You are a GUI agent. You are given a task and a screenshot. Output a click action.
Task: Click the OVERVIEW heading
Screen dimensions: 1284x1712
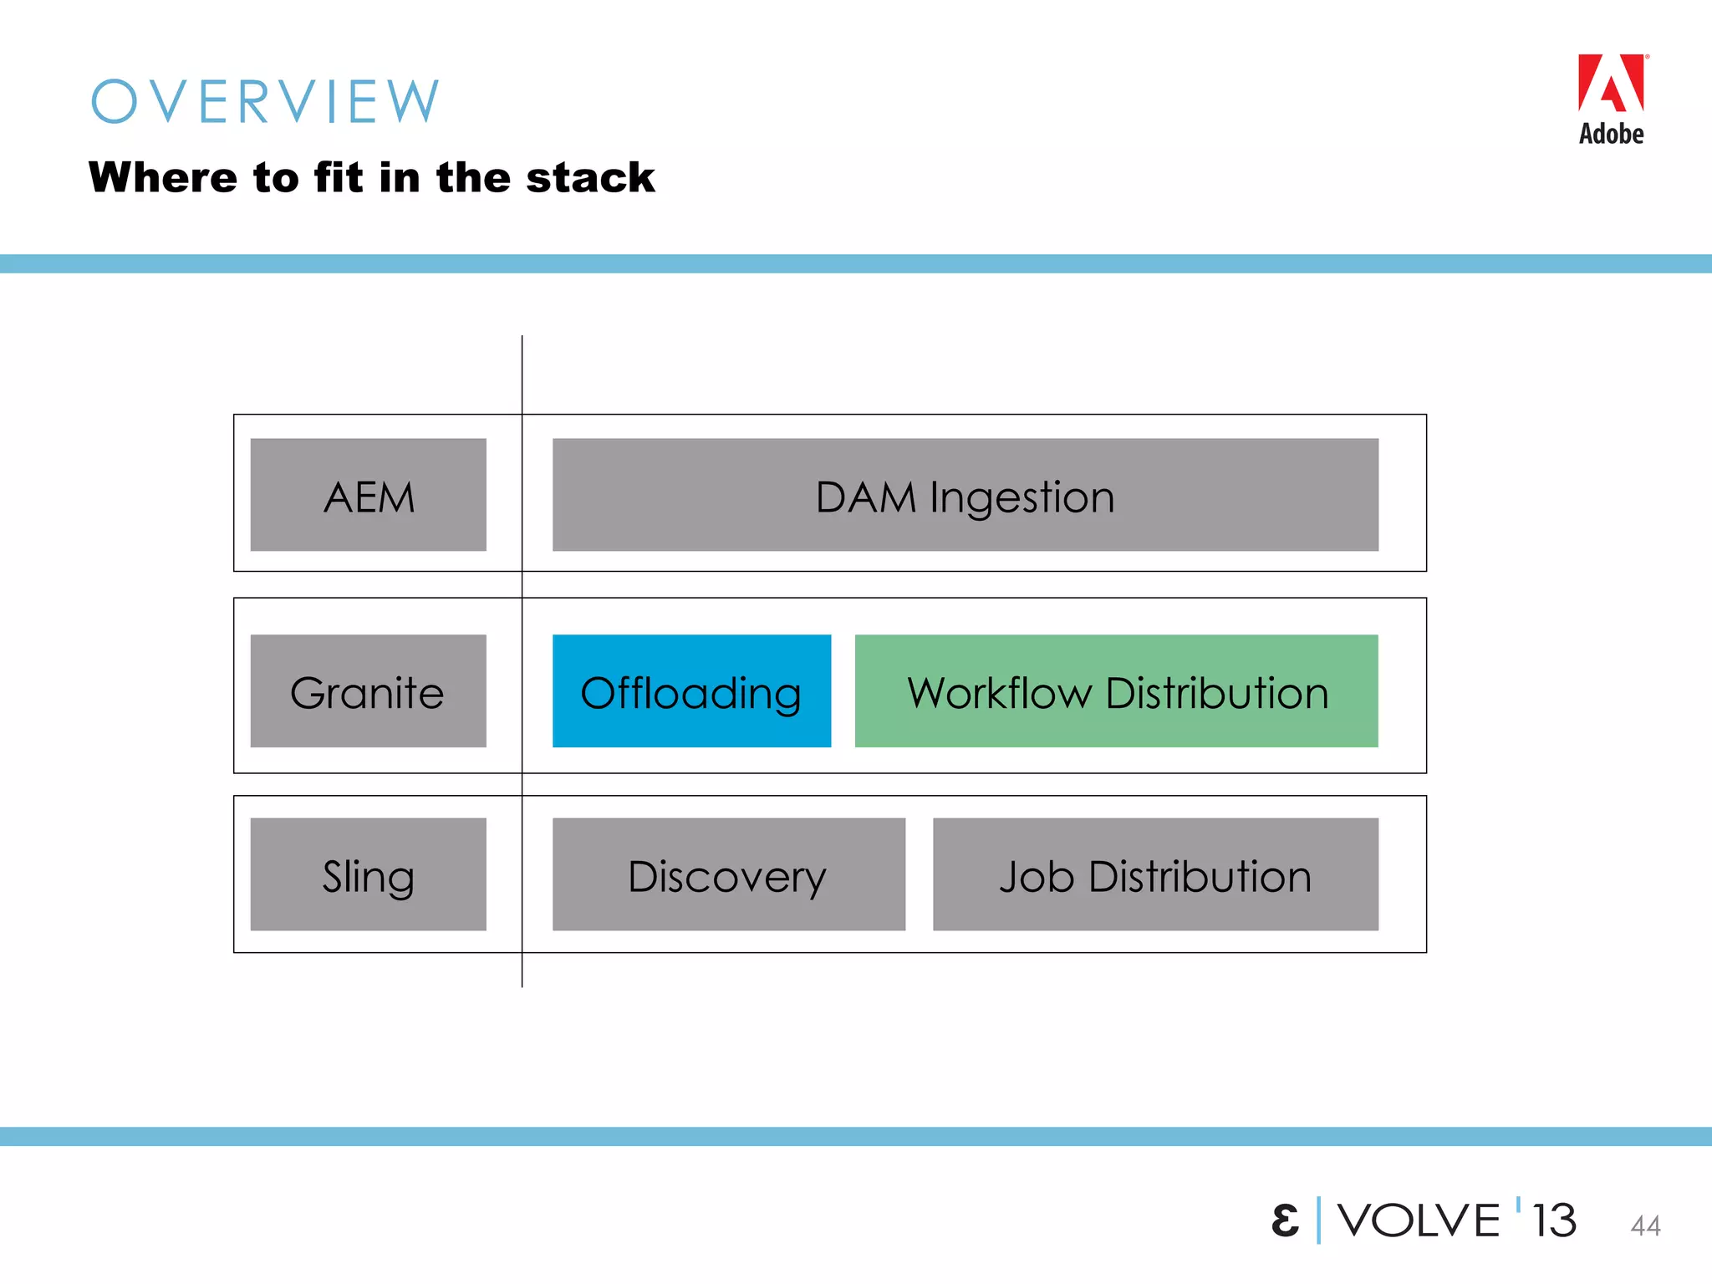[x=265, y=102]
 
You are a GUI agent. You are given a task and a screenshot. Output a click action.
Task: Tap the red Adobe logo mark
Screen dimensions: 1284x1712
[x=1611, y=84]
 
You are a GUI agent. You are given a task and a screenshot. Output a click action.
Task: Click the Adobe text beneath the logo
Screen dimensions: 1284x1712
[x=1611, y=134]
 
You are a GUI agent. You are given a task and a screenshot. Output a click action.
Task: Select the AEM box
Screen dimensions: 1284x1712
[x=369, y=495]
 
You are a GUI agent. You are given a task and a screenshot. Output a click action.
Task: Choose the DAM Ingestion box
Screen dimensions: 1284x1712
[x=965, y=495]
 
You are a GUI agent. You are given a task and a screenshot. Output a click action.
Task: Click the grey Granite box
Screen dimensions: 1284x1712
[x=369, y=691]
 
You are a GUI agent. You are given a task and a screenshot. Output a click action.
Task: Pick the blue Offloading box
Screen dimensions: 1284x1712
[x=691, y=691]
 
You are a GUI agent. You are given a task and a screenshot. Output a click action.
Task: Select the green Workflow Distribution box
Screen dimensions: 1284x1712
[x=1116, y=691]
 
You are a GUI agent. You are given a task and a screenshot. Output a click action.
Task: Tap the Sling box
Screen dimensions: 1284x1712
[x=369, y=874]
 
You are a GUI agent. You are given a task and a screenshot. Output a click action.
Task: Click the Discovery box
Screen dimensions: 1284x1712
[x=728, y=874]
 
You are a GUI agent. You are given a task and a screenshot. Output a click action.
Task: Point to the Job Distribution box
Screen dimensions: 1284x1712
[x=1155, y=874]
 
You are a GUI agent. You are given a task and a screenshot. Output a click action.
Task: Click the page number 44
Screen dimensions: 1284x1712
[x=1645, y=1225]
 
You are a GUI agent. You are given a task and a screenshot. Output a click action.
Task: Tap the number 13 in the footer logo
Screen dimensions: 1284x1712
[x=1554, y=1220]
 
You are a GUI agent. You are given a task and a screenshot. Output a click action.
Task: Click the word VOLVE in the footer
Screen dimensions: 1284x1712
[x=1419, y=1220]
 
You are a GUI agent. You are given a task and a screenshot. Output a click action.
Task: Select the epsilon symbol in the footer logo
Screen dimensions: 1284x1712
[x=1285, y=1220]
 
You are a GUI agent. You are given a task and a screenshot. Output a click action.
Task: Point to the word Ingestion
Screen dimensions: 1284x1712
[x=1022, y=498]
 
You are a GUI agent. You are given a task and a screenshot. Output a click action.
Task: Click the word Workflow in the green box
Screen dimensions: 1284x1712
[x=1000, y=693]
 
